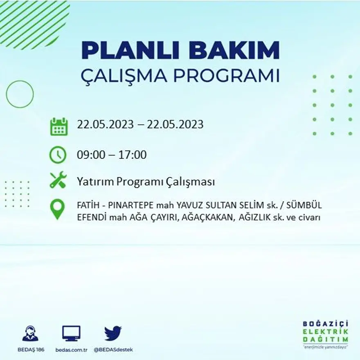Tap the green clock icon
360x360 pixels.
point(58,155)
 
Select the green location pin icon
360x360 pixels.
point(57,209)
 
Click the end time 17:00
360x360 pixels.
point(133,155)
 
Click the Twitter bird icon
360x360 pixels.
point(113,333)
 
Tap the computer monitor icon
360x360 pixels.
point(71,333)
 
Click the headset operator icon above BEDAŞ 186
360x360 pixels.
point(30,333)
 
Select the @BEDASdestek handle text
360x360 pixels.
point(113,350)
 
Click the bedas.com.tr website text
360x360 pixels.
point(72,350)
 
